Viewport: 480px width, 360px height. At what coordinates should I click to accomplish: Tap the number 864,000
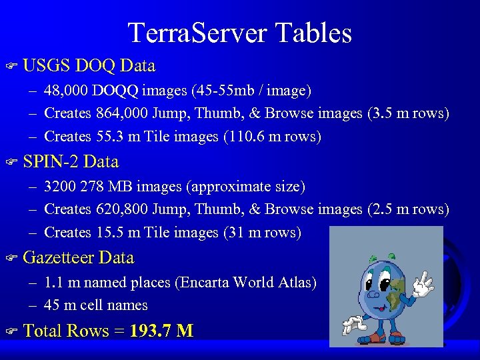(x=122, y=113)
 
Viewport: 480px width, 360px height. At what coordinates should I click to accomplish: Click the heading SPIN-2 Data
(x=71, y=162)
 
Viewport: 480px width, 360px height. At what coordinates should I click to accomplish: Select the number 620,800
(x=122, y=209)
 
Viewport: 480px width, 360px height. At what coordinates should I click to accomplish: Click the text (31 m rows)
(x=261, y=233)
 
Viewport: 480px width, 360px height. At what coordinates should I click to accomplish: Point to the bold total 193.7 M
(x=162, y=331)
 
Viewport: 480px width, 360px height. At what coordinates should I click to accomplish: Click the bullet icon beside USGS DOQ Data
(x=10, y=67)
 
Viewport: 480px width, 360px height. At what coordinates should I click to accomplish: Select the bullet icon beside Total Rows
(x=10, y=331)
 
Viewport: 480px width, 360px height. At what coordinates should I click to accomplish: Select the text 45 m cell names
(x=96, y=305)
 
